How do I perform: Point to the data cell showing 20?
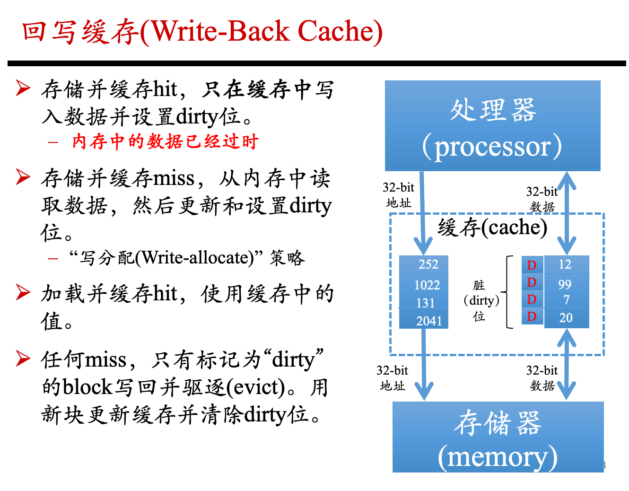[567, 318]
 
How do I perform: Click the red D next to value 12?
[532, 265]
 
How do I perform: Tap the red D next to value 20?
[532, 316]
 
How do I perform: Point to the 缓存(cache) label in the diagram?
[492, 227]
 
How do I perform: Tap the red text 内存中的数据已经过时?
[165, 141]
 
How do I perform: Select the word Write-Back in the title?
[220, 31]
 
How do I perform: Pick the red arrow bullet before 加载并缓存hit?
[23, 292]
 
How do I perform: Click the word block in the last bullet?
[87, 386]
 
